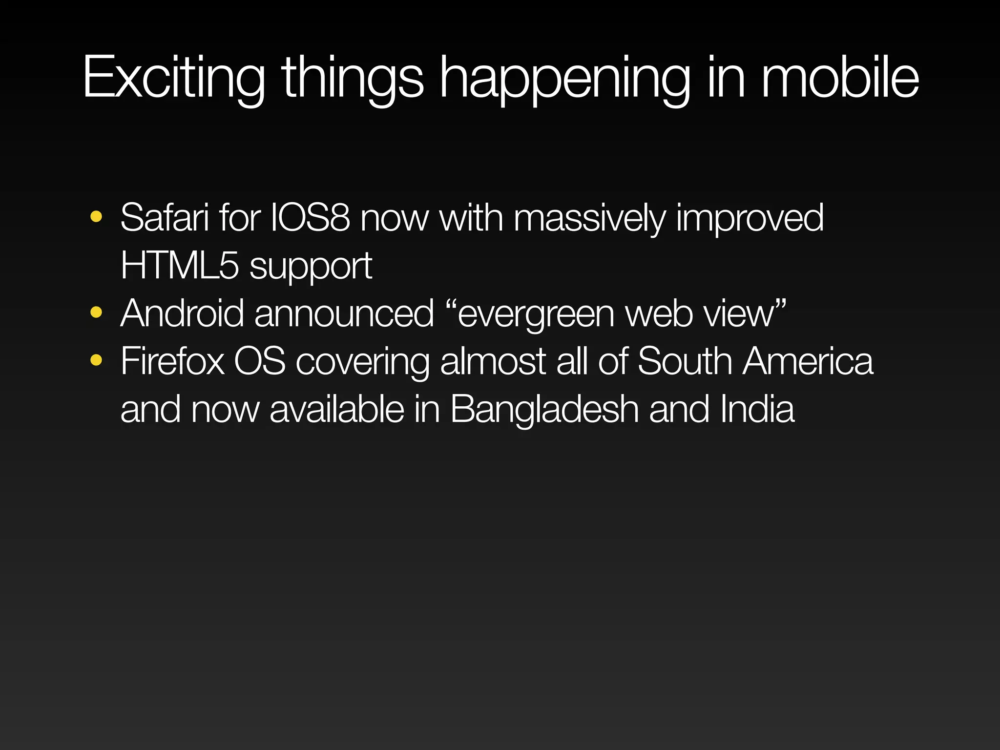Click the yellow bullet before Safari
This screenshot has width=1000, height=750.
click(96, 216)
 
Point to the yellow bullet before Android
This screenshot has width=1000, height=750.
click(96, 312)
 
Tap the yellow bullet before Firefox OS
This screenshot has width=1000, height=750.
click(96, 360)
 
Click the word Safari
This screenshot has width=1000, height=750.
click(165, 217)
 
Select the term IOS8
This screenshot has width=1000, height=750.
click(310, 217)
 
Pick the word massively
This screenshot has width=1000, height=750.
click(589, 217)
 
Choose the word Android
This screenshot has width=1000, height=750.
click(182, 313)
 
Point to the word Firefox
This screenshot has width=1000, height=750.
click(172, 361)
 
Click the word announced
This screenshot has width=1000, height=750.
click(344, 313)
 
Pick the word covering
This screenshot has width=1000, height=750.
click(362, 362)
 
